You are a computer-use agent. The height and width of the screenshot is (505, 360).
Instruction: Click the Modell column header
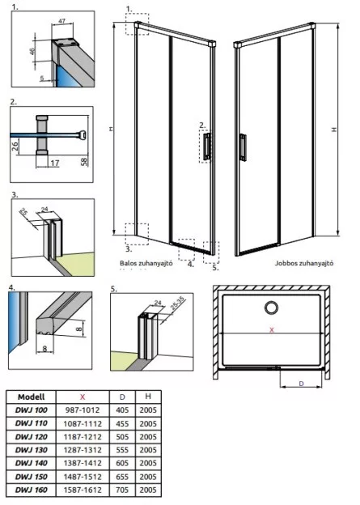(x=32, y=397)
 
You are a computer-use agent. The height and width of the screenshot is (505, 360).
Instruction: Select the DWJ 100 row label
(x=32, y=410)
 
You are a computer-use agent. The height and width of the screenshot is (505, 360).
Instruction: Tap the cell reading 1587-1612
(x=83, y=490)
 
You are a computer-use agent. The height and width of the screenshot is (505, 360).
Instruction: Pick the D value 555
(x=122, y=450)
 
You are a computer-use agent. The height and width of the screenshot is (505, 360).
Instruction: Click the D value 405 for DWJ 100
(x=122, y=410)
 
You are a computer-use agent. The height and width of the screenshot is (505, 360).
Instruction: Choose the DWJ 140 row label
(x=32, y=463)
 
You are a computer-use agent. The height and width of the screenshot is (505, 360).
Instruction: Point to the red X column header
(x=83, y=397)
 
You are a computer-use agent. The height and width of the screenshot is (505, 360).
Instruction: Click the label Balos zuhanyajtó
(x=146, y=263)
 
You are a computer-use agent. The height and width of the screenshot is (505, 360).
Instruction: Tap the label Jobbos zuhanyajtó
(x=304, y=263)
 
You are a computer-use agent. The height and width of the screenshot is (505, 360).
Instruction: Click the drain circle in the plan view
(x=272, y=308)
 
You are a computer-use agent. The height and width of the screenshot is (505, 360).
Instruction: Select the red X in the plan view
(x=272, y=330)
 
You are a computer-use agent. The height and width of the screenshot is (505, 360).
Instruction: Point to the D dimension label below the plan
(x=302, y=384)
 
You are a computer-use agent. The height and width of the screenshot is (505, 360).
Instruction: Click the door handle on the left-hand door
(x=207, y=146)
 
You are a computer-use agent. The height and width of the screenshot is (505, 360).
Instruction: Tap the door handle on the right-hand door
(x=244, y=147)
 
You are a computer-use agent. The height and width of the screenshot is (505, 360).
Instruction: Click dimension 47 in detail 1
(x=61, y=22)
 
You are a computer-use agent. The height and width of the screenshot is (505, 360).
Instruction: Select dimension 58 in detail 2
(x=84, y=160)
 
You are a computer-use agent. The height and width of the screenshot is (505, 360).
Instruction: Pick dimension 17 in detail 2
(x=55, y=163)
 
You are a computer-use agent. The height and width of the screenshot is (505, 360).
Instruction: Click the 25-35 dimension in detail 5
(x=177, y=303)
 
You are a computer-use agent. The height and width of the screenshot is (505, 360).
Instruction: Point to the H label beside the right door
(x=334, y=129)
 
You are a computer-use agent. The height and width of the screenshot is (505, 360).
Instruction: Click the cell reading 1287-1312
(x=83, y=450)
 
